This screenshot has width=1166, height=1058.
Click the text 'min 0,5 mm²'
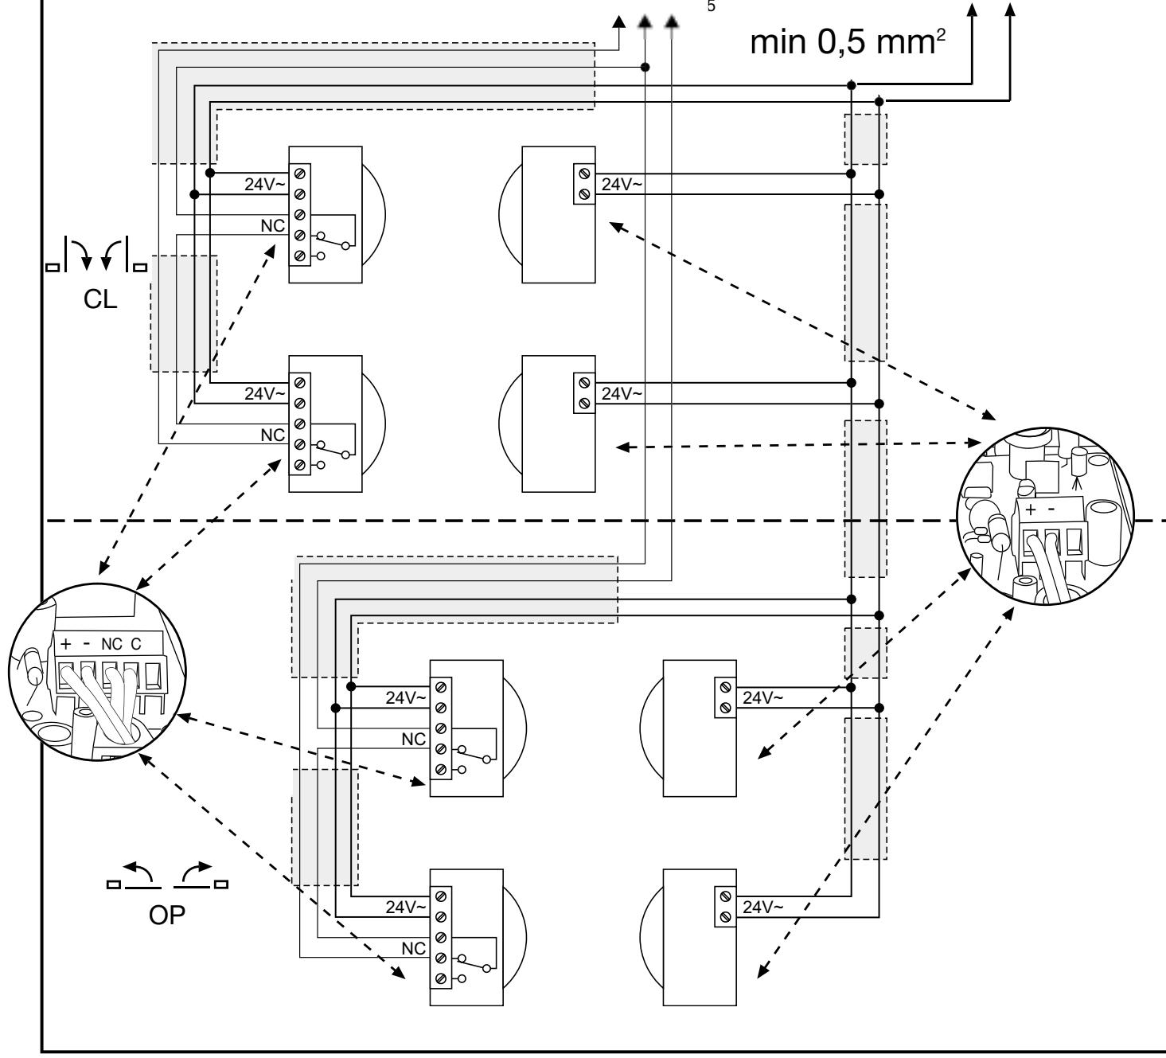848,41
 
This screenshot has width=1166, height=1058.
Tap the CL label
100,299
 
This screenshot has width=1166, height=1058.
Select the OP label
167,915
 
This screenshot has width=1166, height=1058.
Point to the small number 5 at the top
711,6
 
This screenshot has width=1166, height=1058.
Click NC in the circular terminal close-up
111,644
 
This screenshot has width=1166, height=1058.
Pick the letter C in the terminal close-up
135,644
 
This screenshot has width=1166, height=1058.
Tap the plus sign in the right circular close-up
1031,509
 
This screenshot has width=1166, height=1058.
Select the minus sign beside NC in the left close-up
87,643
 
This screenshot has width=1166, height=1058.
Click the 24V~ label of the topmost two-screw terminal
622,185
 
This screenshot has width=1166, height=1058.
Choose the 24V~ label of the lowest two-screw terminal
763,907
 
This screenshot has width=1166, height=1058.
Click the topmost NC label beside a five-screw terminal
273,225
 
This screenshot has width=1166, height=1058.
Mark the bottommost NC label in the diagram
414,949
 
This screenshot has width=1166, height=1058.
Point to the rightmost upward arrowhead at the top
1010,10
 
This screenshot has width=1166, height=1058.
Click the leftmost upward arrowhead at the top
619,22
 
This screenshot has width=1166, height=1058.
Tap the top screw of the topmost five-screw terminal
300,174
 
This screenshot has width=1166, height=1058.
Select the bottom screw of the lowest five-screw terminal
441,978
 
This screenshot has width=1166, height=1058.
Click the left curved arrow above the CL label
82,253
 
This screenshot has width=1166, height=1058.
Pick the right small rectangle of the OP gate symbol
221,884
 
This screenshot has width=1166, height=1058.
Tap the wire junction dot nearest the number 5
645,67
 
